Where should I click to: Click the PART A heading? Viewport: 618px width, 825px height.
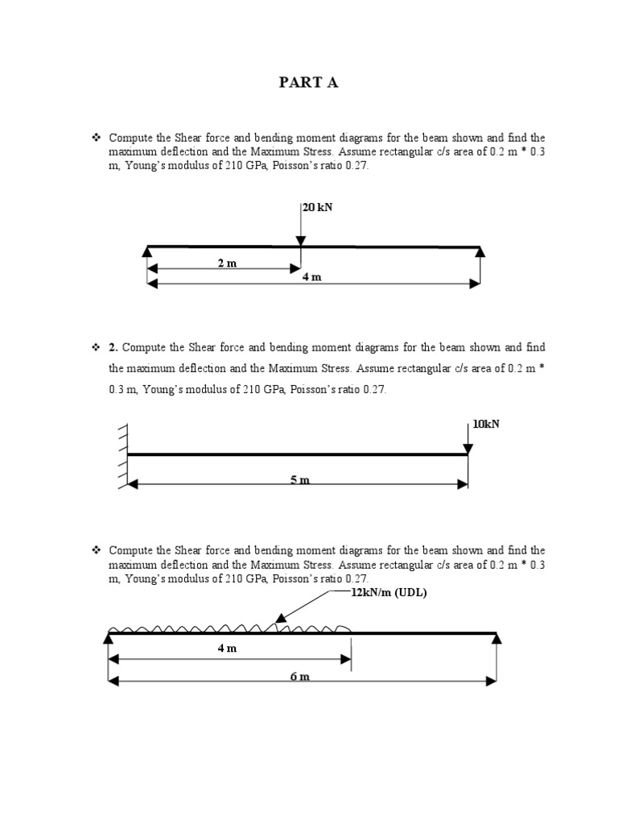(309, 83)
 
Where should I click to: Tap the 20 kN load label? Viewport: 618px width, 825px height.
(317, 207)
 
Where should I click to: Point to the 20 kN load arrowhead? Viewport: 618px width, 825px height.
(300, 241)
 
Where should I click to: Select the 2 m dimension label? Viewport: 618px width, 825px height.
(227, 263)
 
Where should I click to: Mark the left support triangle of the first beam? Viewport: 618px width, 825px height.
(147, 253)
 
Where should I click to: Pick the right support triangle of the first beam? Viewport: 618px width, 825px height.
(480, 253)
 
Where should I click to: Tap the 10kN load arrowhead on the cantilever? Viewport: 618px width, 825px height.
(468, 448)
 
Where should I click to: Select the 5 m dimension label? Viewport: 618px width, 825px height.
(299, 480)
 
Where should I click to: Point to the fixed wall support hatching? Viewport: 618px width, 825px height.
(122, 455)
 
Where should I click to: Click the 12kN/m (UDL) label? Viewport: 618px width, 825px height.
(389, 593)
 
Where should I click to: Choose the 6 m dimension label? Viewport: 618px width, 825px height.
(299, 676)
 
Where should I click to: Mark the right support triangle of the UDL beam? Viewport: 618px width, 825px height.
(496, 639)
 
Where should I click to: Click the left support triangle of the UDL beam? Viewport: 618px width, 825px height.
(109, 639)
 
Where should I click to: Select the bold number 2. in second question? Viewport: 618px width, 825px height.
(113, 348)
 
